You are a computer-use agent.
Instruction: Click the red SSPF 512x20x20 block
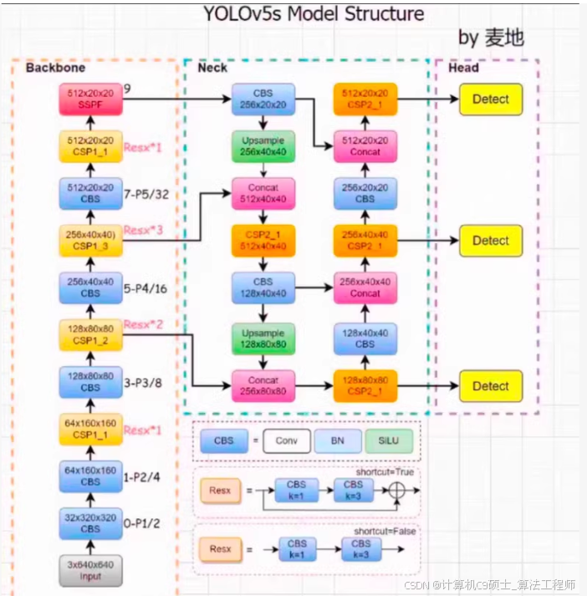click(90, 99)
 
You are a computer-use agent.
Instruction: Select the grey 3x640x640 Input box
click(90, 570)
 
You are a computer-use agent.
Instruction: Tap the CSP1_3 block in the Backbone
click(90, 241)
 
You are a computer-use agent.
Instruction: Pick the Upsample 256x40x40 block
click(263, 146)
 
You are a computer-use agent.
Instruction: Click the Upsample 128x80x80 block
click(263, 338)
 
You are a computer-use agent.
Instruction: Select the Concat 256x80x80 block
click(263, 385)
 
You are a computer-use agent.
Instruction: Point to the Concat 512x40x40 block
click(263, 194)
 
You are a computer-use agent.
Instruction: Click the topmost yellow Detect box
click(490, 99)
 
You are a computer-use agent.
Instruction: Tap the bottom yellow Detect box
click(490, 386)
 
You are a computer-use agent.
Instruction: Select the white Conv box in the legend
click(286, 441)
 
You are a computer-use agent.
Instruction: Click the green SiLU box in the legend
click(388, 441)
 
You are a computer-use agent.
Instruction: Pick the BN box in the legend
click(337, 441)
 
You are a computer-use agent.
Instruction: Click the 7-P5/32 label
click(147, 194)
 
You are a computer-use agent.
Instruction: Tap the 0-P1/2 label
click(143, 523)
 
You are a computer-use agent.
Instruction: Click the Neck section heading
click(212, 68)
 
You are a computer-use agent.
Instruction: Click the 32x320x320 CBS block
click(90, 523)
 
